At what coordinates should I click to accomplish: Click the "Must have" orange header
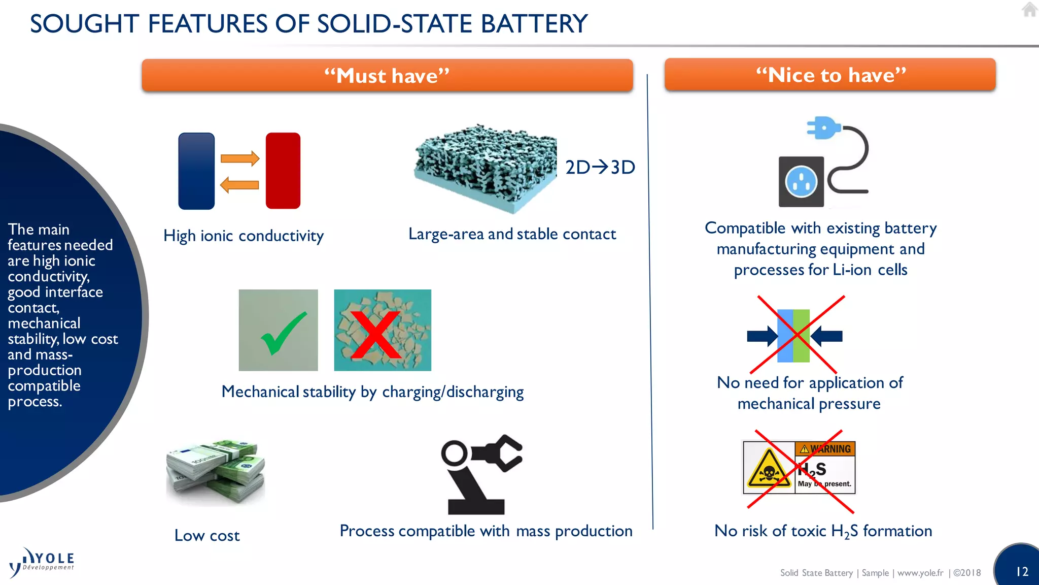tap(387, 76)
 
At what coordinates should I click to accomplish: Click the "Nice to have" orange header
tap(830, 75)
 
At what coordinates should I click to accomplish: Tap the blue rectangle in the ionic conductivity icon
tap(197, 171)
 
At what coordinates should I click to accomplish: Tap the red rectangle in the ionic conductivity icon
tap(283, 171)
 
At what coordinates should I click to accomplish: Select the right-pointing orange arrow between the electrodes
tap(240, 158)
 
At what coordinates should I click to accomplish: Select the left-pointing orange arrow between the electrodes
tap(239, 185)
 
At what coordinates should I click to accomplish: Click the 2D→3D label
tap(600, 167)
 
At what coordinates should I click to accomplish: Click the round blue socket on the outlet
tap(801, 182)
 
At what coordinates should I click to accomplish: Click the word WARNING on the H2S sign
tap(830, 449)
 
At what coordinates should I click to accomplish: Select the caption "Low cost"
tap(207, 535)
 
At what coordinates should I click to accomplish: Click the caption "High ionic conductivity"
tap(244, 236)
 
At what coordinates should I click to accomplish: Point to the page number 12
tap(1022, 572)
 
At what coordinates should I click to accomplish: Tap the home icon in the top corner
tap(1029, 10)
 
